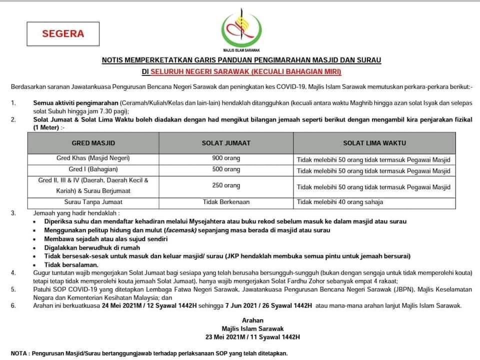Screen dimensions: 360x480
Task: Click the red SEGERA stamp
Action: coord(63,34)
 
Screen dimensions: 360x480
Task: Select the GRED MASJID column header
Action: coord(93,143)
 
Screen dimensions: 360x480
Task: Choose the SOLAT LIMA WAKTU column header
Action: coord(374,143)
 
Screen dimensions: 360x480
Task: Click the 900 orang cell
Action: coord(225,159)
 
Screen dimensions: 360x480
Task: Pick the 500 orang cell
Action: coord(225,170)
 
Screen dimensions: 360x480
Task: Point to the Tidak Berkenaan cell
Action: coord(225,202)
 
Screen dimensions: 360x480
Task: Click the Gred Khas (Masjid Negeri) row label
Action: coord(93,158)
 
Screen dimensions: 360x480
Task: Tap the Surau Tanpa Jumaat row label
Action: coord(93,202)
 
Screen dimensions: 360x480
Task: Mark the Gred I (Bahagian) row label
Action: coord(93,170)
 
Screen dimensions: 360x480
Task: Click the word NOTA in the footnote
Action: coord(18,352)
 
